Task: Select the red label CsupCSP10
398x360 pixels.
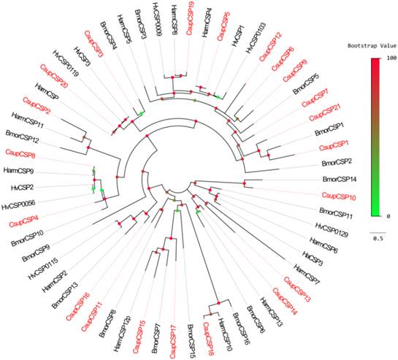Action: point(339,196)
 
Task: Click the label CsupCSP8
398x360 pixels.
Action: point(20,153)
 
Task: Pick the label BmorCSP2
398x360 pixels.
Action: point(337,161)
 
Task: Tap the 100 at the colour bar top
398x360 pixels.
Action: point(391,58)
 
